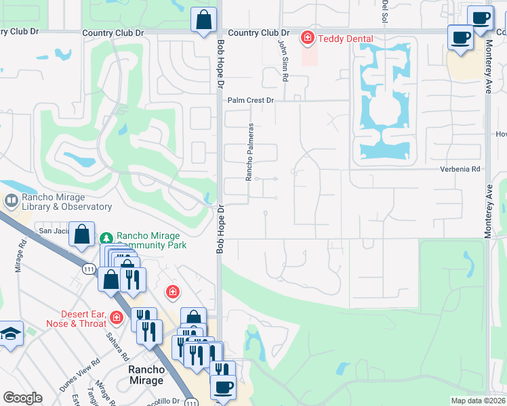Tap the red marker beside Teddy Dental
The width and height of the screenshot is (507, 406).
tap(307, 38)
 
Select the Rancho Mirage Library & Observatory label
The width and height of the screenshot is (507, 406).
tap(66, 202)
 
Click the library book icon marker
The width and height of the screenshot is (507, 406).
tap(12, 201)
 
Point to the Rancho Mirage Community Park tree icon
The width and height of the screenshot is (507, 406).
tap(106, 238)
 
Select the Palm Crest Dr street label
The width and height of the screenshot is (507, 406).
tap(250, 100)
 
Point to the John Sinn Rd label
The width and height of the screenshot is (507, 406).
tap(283, 60)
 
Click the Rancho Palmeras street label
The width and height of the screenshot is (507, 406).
tap(249, 152)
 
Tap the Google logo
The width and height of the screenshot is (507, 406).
tap(22, 398)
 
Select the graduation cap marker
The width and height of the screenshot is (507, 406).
tap(11, 334)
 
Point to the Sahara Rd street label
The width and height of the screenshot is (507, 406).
tap(117, 346)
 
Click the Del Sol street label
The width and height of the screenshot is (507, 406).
tap(385, 10)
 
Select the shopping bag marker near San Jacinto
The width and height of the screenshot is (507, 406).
tap(81, 235)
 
